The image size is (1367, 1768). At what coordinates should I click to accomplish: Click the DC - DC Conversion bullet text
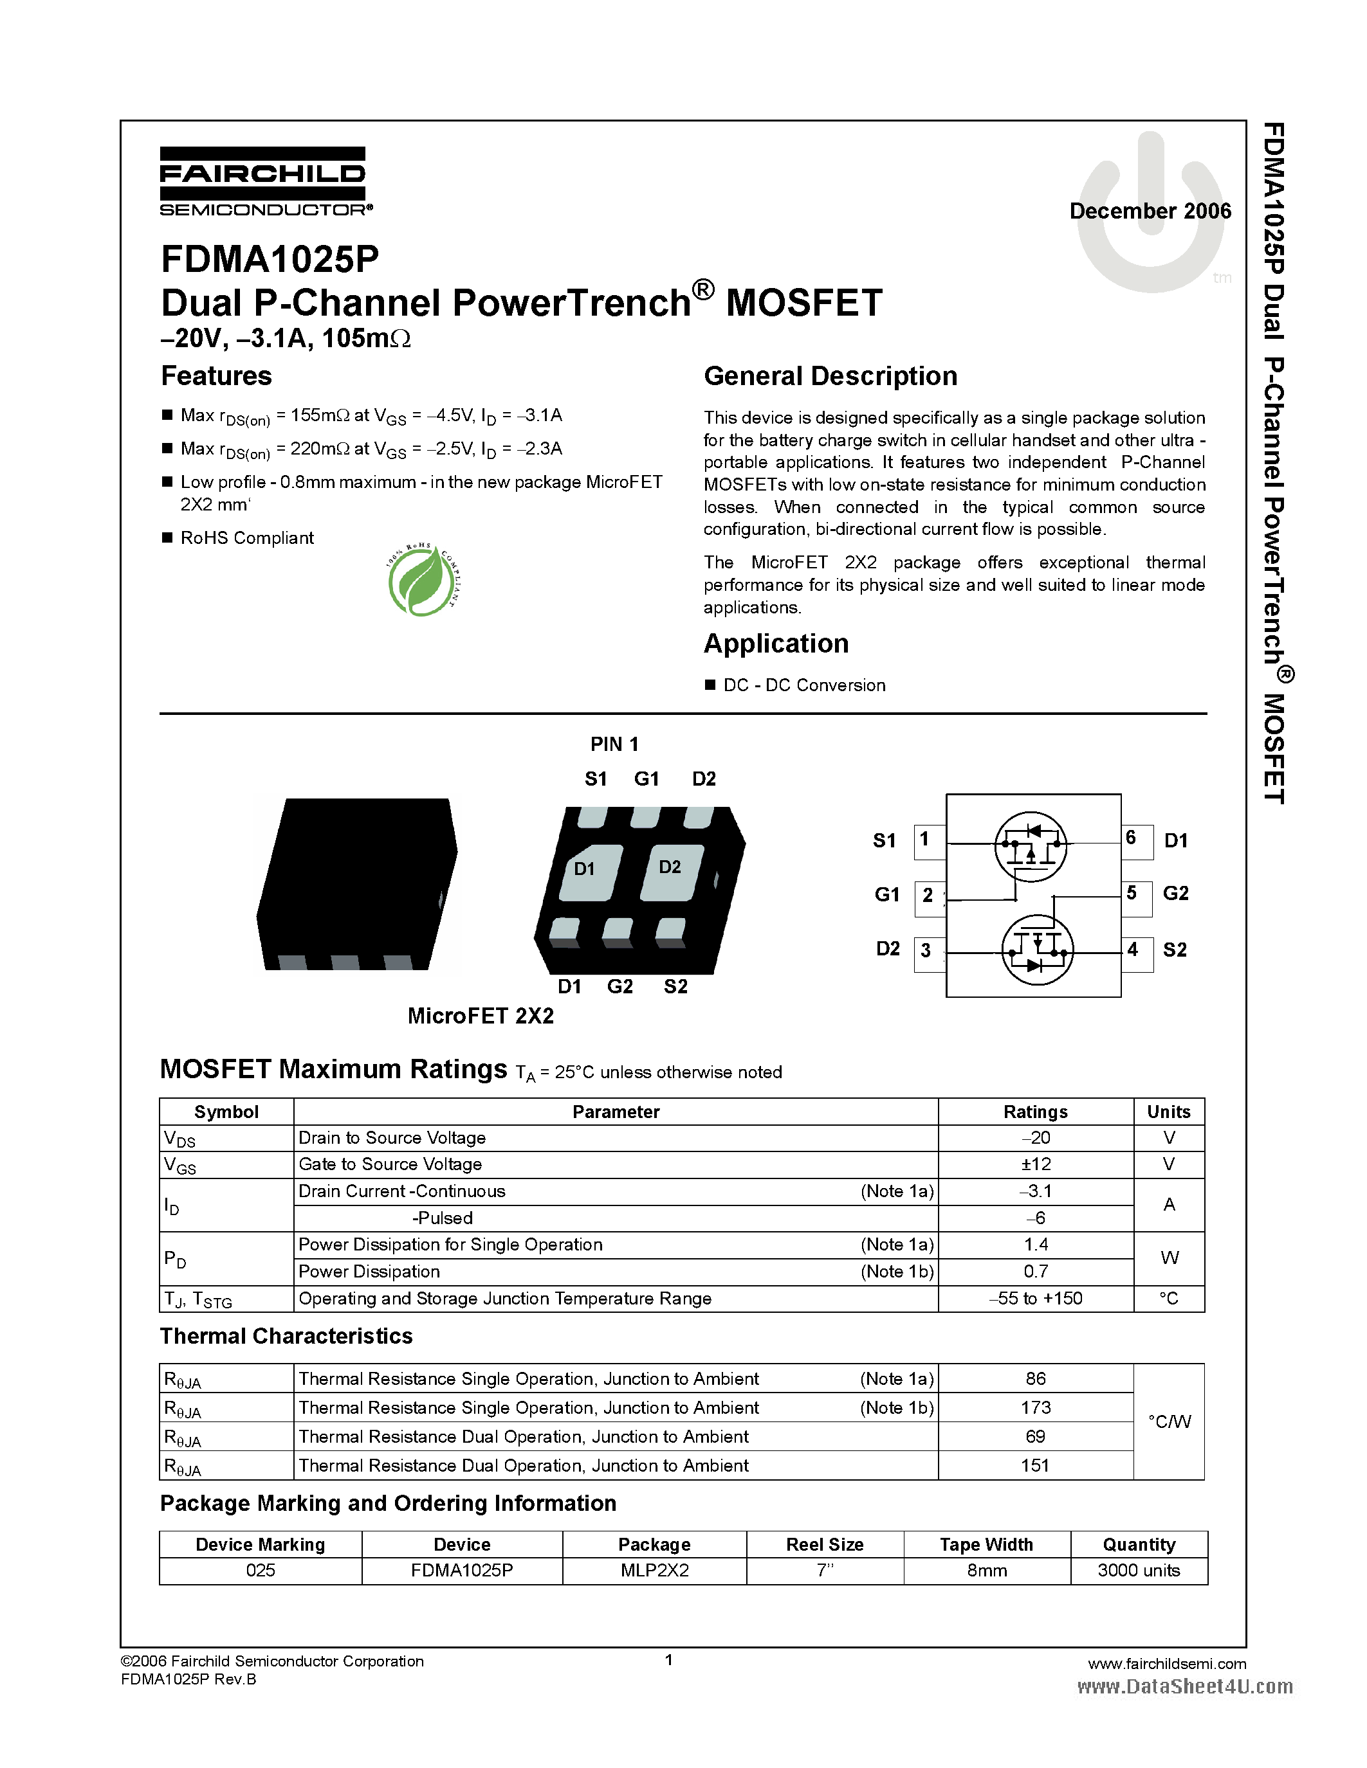tap(803, 686)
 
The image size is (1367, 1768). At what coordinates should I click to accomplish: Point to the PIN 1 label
tap(614, 744)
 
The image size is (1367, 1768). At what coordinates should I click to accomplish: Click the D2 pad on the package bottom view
tap(670, 872)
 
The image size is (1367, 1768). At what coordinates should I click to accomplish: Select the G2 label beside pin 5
tap(1175, 893)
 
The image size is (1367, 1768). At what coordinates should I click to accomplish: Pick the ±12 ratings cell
tap(1035, 1164)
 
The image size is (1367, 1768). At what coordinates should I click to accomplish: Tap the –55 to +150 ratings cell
tap(1035, 1299)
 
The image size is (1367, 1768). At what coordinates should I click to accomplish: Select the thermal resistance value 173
tap(1035, 1408)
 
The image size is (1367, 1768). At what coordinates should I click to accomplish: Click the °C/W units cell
tap(1169, 1421)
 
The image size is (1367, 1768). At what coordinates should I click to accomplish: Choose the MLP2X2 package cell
tap(654, 1571)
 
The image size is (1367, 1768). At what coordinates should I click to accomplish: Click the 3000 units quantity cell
tap(1138, 1571)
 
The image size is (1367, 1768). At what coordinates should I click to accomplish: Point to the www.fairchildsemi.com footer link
tap(1166, 1664)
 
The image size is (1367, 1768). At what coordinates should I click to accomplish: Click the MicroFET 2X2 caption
tap(481, 1016)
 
